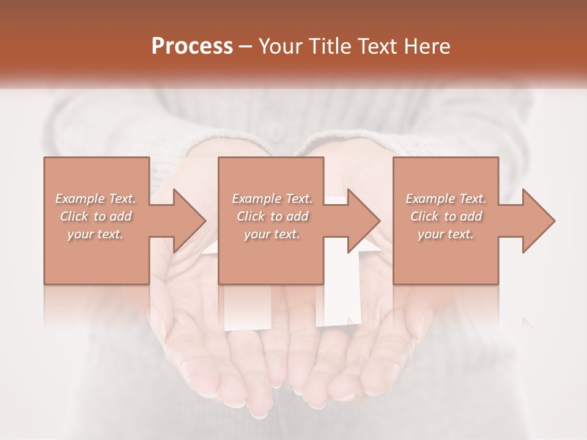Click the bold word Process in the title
192,46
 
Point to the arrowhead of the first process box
190,221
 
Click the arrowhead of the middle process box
364,221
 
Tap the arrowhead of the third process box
539,221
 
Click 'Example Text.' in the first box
95,199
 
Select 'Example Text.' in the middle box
271,199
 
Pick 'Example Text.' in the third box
446,199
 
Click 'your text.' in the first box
95,234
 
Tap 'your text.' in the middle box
271,234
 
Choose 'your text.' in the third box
446,234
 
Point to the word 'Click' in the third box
424,216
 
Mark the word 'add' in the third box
471,216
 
